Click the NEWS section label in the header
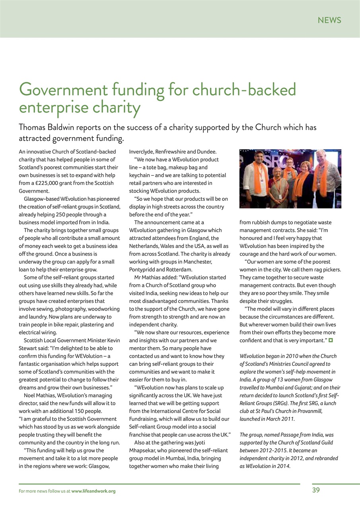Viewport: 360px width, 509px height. (x=329, y=20)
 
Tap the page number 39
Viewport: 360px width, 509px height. (x=316, y=490)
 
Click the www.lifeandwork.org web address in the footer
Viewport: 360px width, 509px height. (x=93, y=491)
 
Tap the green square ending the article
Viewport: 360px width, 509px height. (x=331, y=340)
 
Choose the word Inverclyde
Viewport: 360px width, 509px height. (x=142, y=152)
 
